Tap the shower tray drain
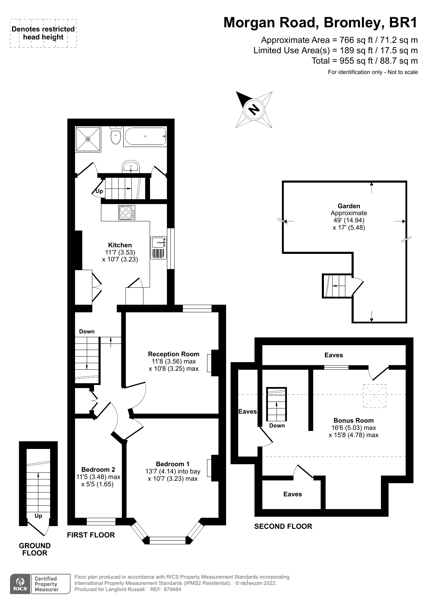pyautogui.click(x=88, y=139)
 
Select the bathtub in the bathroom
pyautogui.click(x=145, y=137)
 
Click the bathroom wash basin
pyautogui.click(x=131, y=167)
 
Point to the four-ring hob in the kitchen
pyautogui.click(x=127, y=212)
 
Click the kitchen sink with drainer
pyautogui.click(x=159, y=248)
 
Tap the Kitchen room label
pyautogui.click(x=120, y=245)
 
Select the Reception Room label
pyautogui.click(x=174, y=354)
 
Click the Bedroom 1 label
pyautogui.click(x=172, y=464)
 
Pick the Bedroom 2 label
pyautogui.click(x=98, y=469)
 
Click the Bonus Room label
pyautogui.click(x=353, y=420)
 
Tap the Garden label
pyautogui.click(x=349, y=206)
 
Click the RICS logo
pyautogui.click(x=20, y=584)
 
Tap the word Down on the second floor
pyautogui.click(x=277, y=425)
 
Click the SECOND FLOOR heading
pyautogui.click(x=283, y=526)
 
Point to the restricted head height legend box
pyautogui.click(x=43, y=33)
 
